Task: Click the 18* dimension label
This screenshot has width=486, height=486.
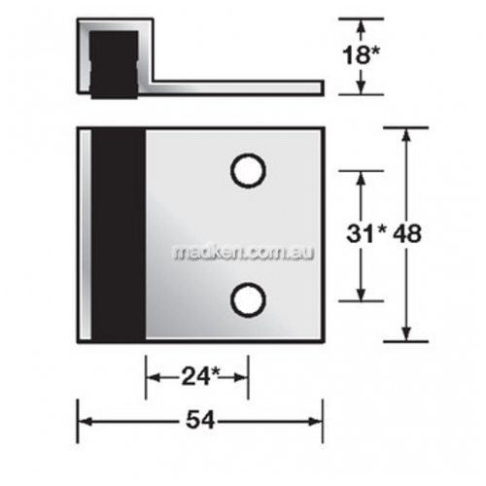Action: pyautogui.click(x=361, y=54)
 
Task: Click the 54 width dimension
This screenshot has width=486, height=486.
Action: pyautogui.click(x=200, y=421)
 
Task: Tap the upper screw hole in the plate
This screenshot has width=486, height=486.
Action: pyautogui.click(x=248, y=171)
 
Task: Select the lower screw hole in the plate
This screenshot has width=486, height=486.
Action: pyautogui.click(x=248, y=298)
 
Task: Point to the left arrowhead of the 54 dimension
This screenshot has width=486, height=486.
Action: pyautogui.click(x=85, y=421)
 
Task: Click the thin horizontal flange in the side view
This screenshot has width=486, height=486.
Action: pyautogui.click(x=233, y=88)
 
